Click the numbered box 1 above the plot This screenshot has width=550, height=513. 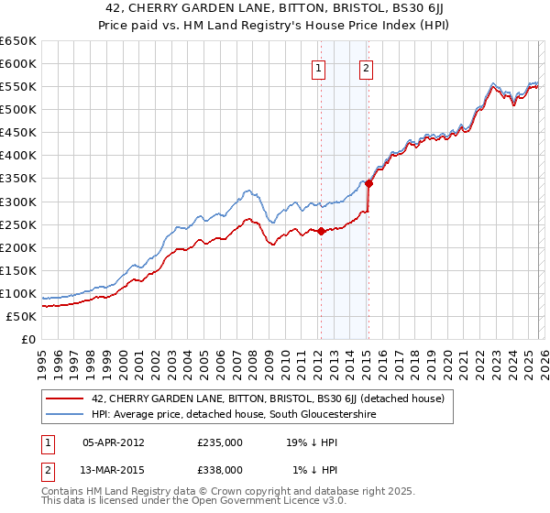click(318, 67)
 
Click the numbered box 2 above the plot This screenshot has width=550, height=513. click(366, 67)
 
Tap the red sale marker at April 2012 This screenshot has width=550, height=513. click(321, 231)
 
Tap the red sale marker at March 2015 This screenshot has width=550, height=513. click(368, 183)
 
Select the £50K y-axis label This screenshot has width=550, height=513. click(21, 316)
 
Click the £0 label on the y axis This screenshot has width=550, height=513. click(28, 339)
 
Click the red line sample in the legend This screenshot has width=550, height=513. click(65, 398)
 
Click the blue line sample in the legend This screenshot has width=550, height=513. click(65, 415)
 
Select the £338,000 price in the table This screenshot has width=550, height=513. click(220, 469)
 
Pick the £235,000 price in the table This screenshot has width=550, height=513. click(220, 443)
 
